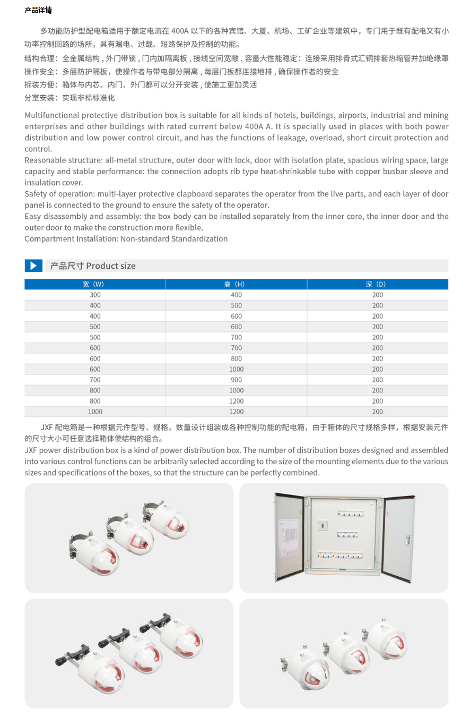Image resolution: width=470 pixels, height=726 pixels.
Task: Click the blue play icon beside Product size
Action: click(x=33, y=266)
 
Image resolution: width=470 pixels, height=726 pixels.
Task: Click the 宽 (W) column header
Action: click(x=95, y=285)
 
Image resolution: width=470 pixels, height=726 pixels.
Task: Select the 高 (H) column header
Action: click(x=236, y=285)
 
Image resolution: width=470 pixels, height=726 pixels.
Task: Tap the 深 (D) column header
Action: click(x=377, y=285)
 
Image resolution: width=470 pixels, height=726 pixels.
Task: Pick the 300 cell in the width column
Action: click(x=95, y=295)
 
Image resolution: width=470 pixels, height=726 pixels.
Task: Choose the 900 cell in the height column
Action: click(x=236, y=380)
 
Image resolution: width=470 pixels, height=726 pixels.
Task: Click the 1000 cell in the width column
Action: click(x=95, y=412)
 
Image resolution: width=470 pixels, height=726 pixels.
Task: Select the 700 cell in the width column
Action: click(x=95, y=380)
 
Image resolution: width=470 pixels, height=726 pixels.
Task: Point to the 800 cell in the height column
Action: click(x=236, y=358)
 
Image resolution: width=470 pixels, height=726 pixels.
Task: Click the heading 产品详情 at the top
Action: click(x=38, y=10)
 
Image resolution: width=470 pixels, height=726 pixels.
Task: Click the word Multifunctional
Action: click(x=52, y=115)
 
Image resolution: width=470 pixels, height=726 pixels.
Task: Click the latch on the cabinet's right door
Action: click(x=407, y=540)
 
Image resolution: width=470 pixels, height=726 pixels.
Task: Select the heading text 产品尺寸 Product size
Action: click(x=93, y=266)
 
